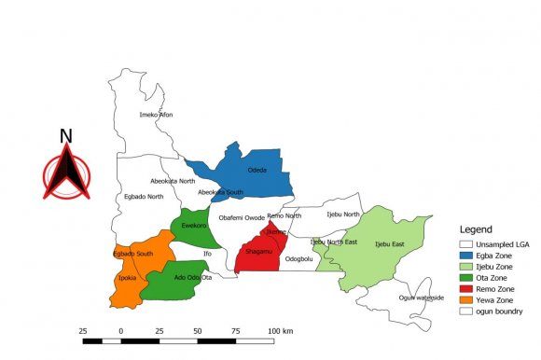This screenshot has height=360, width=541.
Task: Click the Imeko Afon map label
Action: click(x=156, y=115)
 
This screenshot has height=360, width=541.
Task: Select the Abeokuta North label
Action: click(x=173, y=181)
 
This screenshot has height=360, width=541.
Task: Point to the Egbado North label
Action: click(x=143, y=197)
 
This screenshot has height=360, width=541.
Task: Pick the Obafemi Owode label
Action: click(x=242, y=217)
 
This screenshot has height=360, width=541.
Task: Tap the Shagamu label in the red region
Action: click(x=258, y=251)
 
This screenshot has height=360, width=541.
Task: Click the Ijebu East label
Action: click(x=389, y=244)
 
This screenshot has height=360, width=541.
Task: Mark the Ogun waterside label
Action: click(x=421, y=298)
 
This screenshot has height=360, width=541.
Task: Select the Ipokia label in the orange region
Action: click(x=127, y=278)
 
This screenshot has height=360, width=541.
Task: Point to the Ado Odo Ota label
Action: click(x=194, y=277)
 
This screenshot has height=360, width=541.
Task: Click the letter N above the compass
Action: click(x=66, y=136)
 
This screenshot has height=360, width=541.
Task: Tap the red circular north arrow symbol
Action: click(x=66, y=173)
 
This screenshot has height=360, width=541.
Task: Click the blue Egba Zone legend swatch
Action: click(x=468, y=254)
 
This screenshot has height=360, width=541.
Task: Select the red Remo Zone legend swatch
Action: click(x=468, y=289)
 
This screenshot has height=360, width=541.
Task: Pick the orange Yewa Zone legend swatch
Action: click(x=468, y=300)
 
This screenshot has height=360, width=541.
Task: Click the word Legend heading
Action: click(x=476, y=228)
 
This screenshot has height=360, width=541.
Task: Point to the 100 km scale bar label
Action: click(x=282, y=331)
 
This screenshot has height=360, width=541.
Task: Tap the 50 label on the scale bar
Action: click(x=198, y=331)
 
